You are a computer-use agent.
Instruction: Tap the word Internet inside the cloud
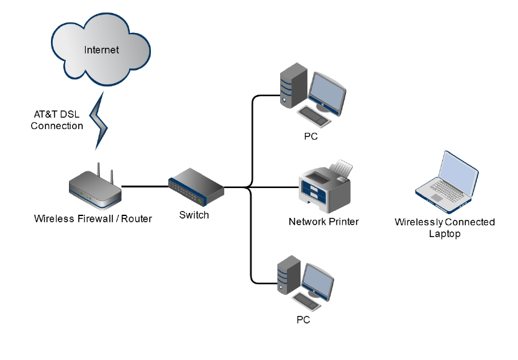(x=101, y=50)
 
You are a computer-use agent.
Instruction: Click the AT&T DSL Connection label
(x=57, y=120)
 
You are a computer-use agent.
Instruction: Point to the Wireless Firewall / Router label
(x=93, y=218)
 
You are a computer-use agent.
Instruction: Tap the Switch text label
(x=194, y=215)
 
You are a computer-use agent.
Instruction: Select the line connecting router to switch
(x=144, y=186)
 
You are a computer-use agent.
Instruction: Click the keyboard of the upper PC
(x=314, y=116)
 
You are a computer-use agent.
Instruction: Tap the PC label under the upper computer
(x=311, y=137)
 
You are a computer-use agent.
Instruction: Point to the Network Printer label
(x=324, y=222)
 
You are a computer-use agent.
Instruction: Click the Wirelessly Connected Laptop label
(x=445, y=228)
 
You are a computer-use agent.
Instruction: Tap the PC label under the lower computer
(x=302, y=321)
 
